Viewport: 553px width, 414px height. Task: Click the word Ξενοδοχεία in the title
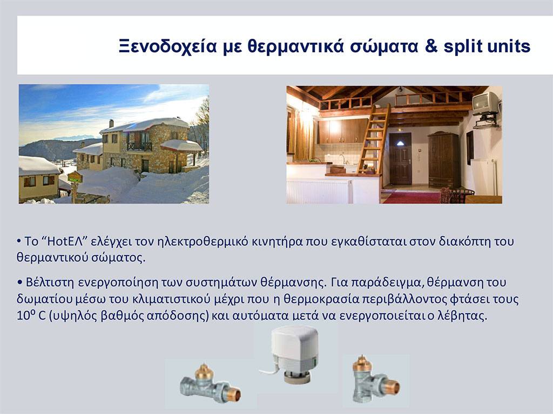pos(167,46)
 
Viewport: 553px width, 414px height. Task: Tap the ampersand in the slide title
pos(431,46)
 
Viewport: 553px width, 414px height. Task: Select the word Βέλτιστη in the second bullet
pos(50,282)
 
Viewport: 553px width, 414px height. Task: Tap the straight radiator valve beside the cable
pos(211,385)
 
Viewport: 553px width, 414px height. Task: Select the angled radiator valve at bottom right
pos(376,380)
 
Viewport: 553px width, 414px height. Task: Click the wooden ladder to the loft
pos(374,139)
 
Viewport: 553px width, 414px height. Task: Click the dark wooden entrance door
pos(400,158)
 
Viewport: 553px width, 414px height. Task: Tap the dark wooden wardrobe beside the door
pos(444,160)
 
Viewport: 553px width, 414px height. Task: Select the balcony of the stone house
pos(139,146)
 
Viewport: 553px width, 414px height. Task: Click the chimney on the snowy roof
pos(111,123)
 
